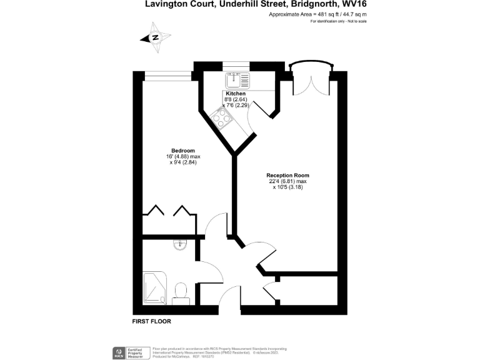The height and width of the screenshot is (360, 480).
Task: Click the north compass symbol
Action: [x=154, y=37]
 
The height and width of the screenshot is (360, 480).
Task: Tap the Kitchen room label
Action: [x=235, y=93]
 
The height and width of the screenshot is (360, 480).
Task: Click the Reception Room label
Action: [x=287, y=176]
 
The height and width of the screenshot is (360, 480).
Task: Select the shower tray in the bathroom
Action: [x=155, y=288]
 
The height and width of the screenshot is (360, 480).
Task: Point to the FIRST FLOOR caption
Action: [x=152, y=321]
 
